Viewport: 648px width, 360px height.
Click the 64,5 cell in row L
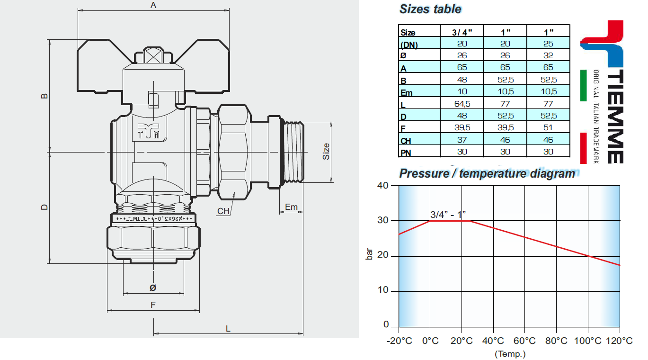[x=462, y=104]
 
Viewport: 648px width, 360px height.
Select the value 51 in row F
[x=548, y=128]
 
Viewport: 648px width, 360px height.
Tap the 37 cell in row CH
[x=462, y=140]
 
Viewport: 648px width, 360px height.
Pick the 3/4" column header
[x=462, y=32]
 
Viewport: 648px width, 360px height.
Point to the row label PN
[x=406, y=153]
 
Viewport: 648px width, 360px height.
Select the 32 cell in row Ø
[x=548, y=55]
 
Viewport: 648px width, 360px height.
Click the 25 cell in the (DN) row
[x=548, y=44]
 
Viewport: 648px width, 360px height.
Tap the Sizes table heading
[x=430, y=9]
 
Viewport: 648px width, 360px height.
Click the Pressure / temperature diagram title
[x=487, y=173]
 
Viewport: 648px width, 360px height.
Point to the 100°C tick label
[x=587, y=341]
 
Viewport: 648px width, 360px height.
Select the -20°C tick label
[x=399, y=341]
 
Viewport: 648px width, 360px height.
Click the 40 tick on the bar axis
[x=383, y=185]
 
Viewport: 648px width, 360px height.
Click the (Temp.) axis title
[x=510, y=353]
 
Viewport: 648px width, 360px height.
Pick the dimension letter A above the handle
[x=153, y=5]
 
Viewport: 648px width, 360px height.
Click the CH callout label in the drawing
[x=223, y=211]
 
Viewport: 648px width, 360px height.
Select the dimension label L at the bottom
[x=228, y=328]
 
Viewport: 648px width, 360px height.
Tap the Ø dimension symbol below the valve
[x=152, y=288]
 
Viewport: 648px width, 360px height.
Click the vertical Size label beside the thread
[x=326, y=152]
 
